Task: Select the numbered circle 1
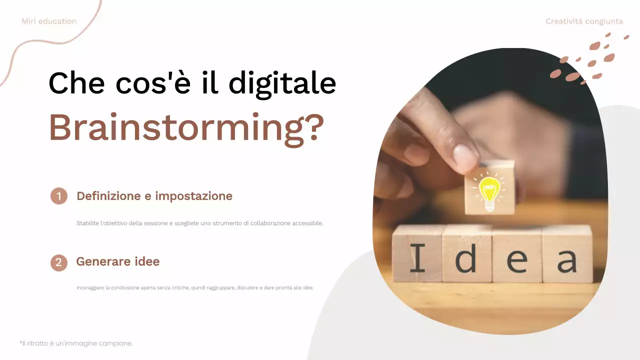[x=58, y=196]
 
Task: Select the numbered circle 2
[x=58, y=262]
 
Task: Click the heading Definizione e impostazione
[x=154, y=196]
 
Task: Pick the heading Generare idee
[x=117, y=261]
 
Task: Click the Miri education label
[x=49, y=21]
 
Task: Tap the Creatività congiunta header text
[x=584, y=21]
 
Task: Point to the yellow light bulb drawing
[x=489, y=190]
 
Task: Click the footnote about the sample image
[x=76, y=343]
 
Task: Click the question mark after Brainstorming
[x=313, y=128]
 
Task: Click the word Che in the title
[x=76, y=83]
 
